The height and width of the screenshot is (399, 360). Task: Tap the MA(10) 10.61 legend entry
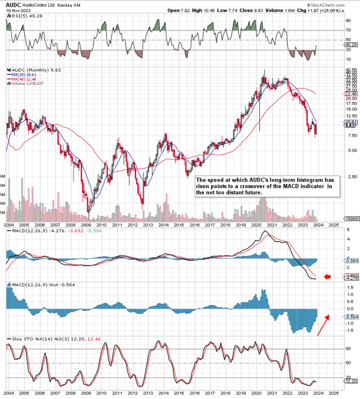point(20,74)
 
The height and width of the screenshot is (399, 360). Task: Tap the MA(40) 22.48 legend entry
point(20,79)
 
